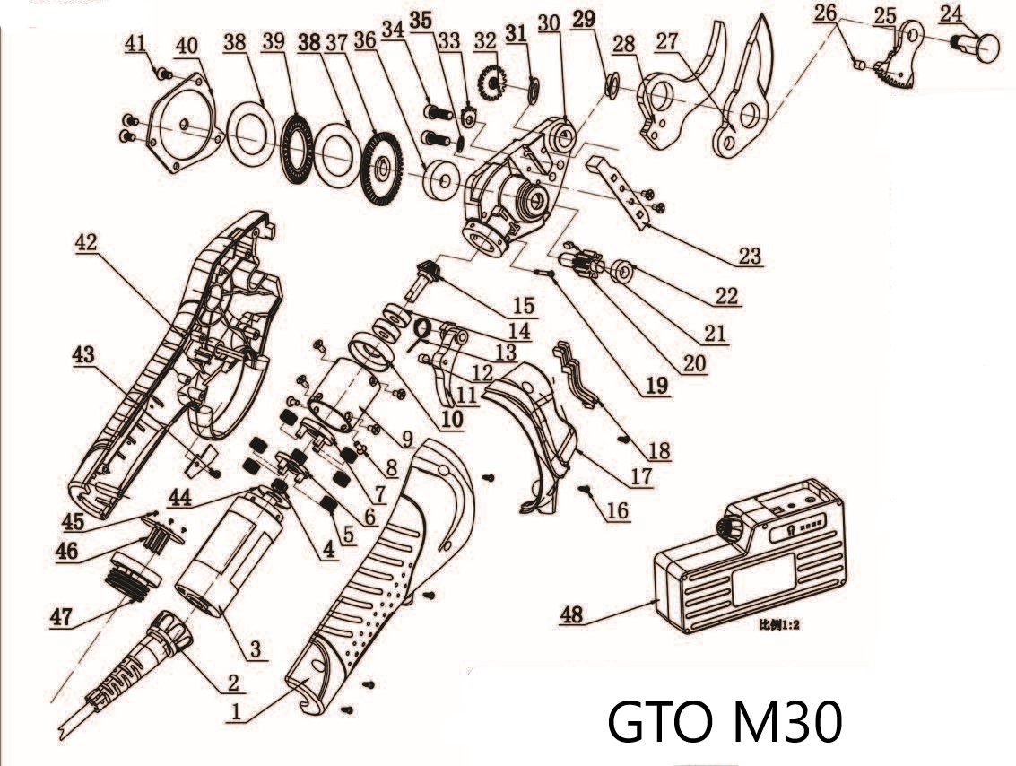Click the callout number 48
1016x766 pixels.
[x=572, y=614]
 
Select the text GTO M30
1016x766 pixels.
[x=725, y=721]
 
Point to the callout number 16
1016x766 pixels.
[x=617, y=510]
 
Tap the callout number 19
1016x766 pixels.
[x=656, y=386]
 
